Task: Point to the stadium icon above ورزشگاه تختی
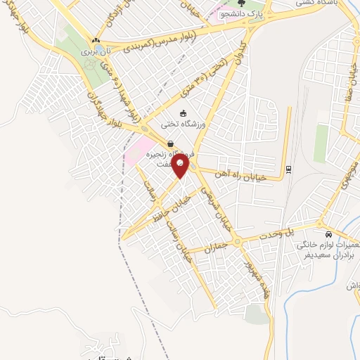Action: point(184,113)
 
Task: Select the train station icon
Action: point(288,169)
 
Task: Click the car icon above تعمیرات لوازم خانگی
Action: point(328,235)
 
